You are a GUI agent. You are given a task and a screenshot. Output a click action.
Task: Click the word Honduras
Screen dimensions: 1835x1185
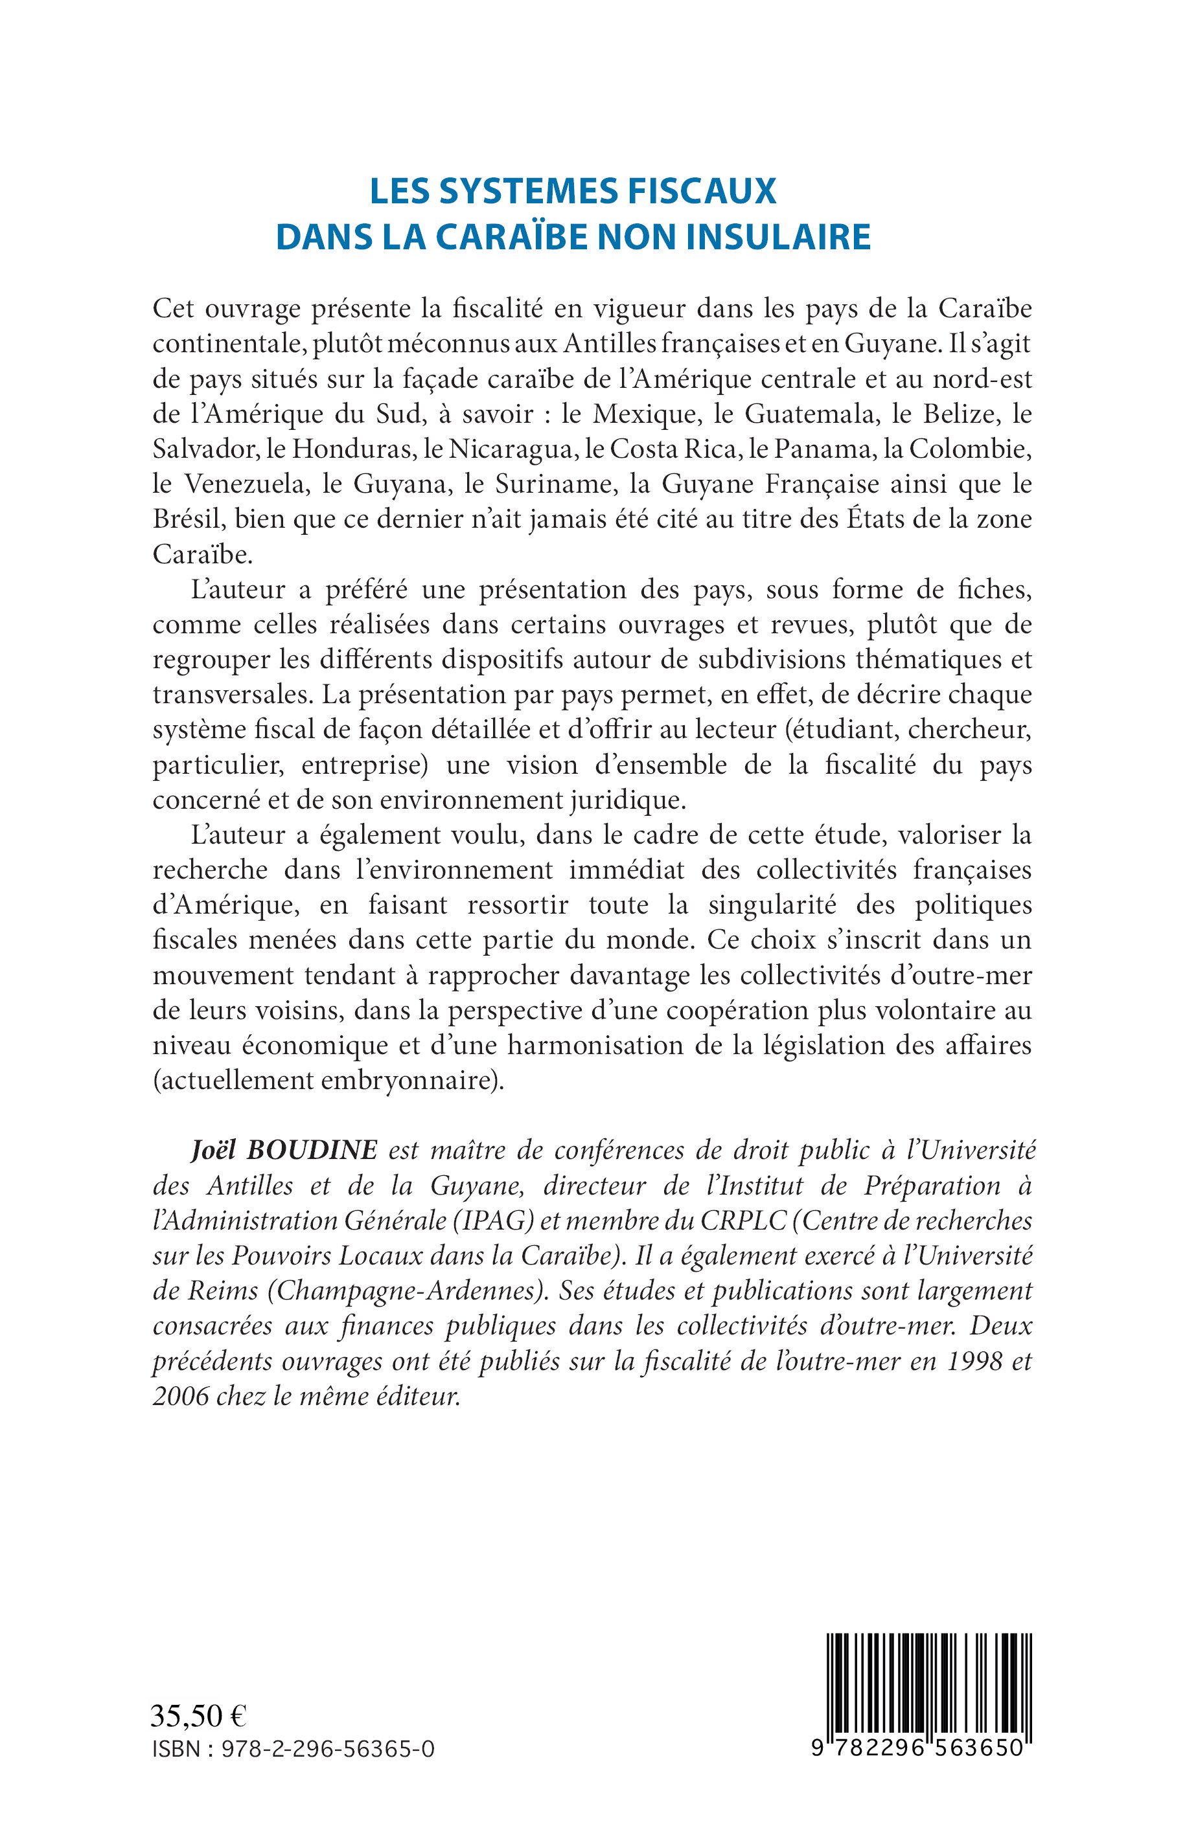pos(353,451)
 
